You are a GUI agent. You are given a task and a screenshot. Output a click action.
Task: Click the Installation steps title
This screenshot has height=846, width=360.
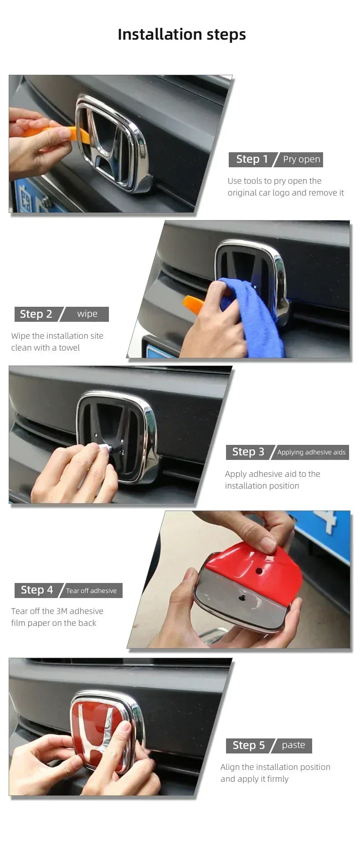click(x=181, y=35)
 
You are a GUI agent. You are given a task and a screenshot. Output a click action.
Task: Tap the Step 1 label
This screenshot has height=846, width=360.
click(x=252, y=159)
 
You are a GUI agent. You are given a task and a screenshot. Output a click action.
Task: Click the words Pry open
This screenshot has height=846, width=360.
click(x=301, y=159)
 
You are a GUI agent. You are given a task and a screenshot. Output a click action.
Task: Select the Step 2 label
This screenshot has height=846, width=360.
click(x=36, y=314)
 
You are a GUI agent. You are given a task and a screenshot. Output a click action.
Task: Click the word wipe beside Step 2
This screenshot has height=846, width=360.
click(x=87, y=314)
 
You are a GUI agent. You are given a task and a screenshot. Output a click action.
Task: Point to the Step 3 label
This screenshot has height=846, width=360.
click(x=248, y=452)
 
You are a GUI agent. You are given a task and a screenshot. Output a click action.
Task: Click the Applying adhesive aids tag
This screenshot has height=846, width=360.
click(x=311, y=452)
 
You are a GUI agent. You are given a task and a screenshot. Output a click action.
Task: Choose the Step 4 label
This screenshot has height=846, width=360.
click(x=37, y=590)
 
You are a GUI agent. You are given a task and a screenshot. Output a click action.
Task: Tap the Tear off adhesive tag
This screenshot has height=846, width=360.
click(x=91, y=591)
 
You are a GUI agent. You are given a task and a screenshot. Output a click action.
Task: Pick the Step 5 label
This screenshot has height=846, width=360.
click(x=248, y=745)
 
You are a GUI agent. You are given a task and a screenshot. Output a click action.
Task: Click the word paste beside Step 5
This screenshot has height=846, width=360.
click(x=293, y=745)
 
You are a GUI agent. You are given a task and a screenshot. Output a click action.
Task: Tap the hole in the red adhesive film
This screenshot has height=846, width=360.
click(x=259, y=571)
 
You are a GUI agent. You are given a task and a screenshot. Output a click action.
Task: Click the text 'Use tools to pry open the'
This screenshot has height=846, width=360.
click(x=274, y=181)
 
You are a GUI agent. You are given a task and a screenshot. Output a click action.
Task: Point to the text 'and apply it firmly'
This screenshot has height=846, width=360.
click(x=254, y=779)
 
